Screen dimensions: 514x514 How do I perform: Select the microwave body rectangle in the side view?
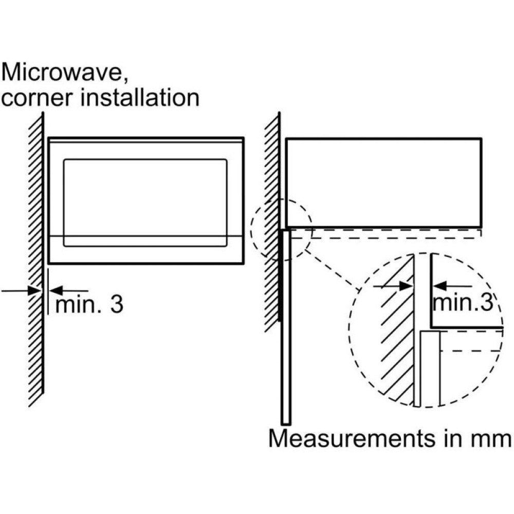point(383,182)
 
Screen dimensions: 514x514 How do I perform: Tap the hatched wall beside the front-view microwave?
point(35,257)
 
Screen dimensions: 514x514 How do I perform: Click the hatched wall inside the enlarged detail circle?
point(396,350)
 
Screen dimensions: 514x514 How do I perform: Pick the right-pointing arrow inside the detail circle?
point(393,286)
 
